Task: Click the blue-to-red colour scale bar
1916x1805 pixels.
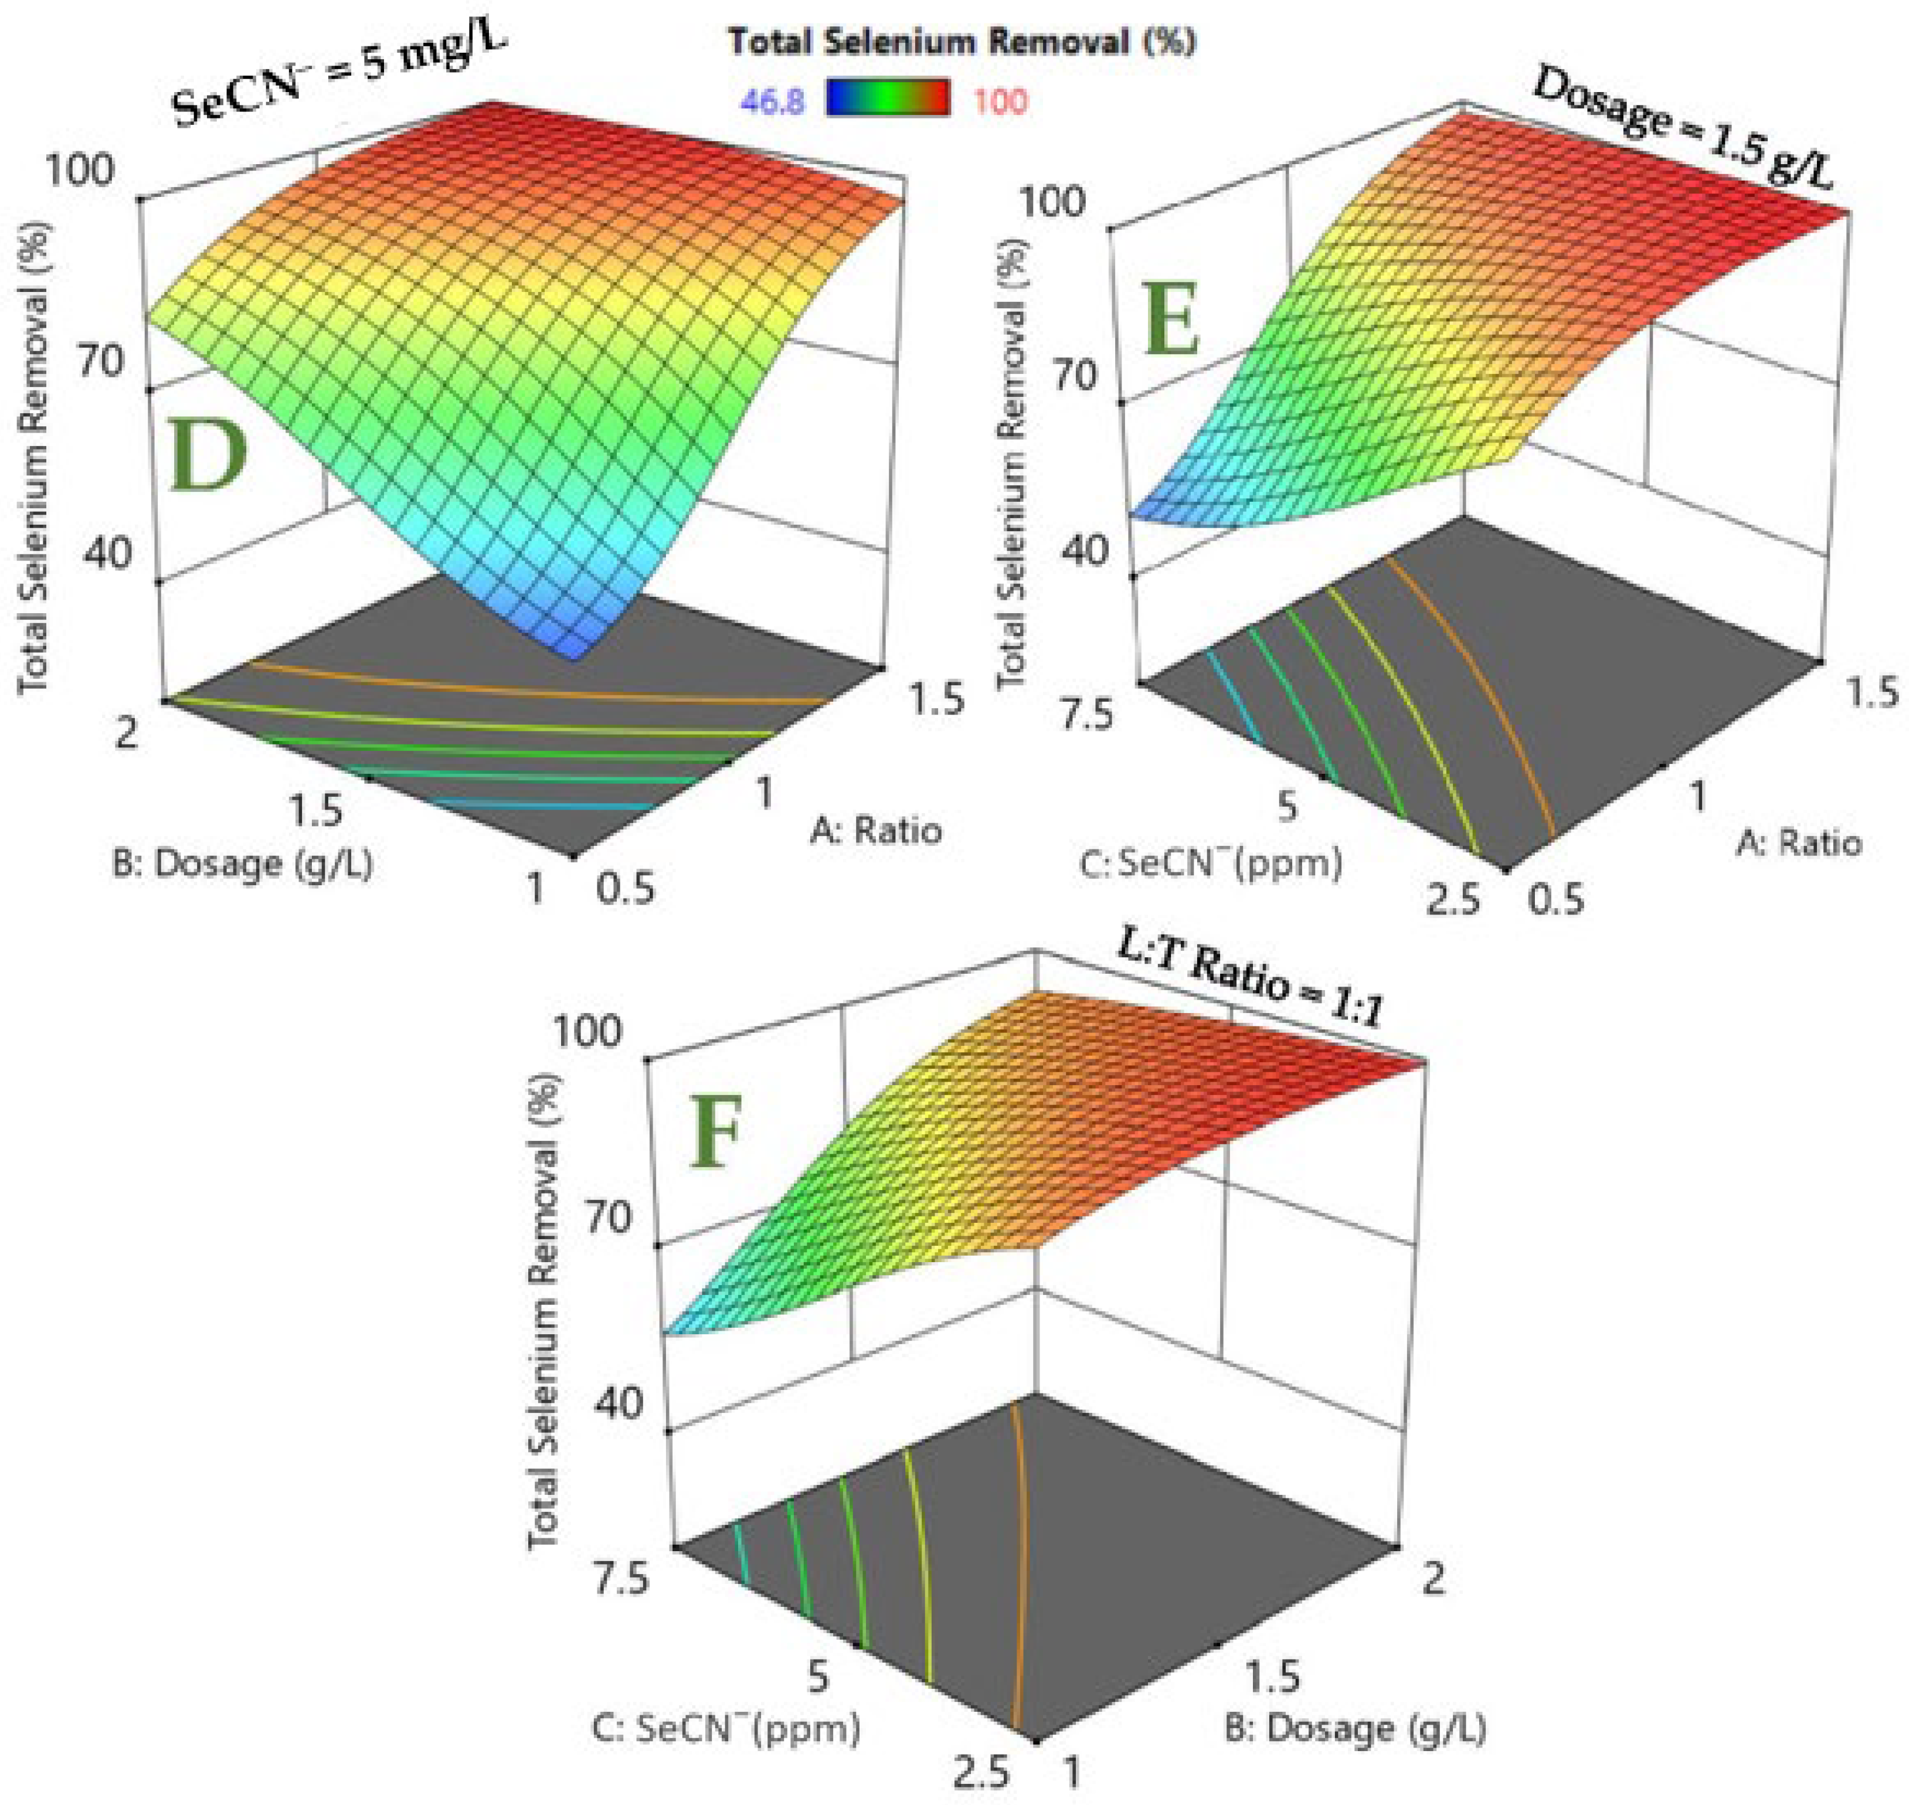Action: point(888,99)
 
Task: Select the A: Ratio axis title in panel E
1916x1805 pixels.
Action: point(1798,843)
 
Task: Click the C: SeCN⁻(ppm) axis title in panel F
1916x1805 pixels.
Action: point(725,1728)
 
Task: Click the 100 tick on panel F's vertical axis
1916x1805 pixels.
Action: point(588,1031)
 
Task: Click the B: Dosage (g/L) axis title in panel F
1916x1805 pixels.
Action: point(1355,1728)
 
